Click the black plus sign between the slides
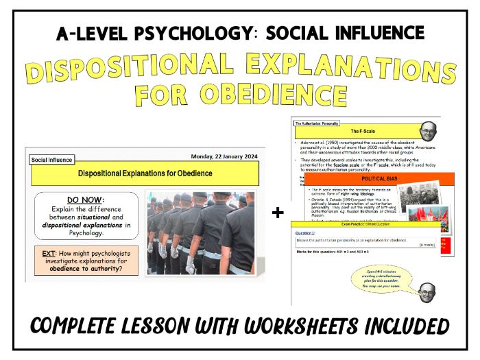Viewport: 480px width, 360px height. click(x=278, y=213)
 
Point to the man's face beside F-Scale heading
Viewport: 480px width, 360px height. click(x=427, y=130)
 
